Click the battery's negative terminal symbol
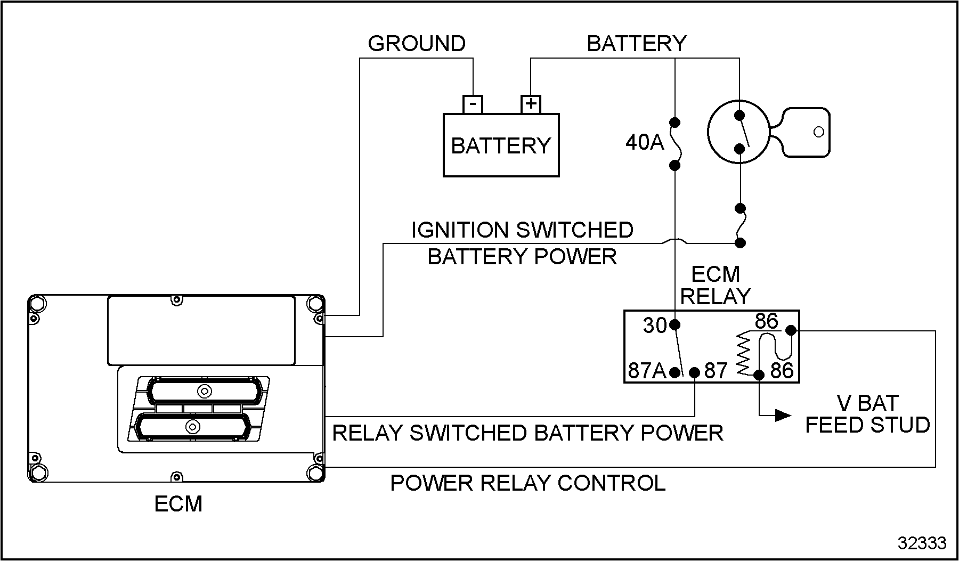pyautogui.click(x=473, y=103)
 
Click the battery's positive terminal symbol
pyautogui.click(x=531, y=103)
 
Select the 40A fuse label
pyautogui.click(x=645, y=142)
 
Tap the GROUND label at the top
pyautogui.click(x=417, y=44)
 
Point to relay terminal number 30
pyautogui.click(x=655, y=325)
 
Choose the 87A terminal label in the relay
pyautogui.click(x=647, y=371)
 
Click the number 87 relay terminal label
pyautogui.click(x=716, y=371)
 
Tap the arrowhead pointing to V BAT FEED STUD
pyautogui.click(x=783, y=415)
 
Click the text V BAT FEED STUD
pyautogui.click(x=867, y=414)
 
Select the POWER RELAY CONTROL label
pyautogui.click(x=528, y=483)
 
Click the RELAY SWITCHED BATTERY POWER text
pyautogui.click(x=528, y=433)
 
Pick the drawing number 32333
pyautogui.click(x=922, y=543)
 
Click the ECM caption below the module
pyautogui.click(x=178, y=504)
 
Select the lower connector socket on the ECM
pyautogui.click(x=192, y=426)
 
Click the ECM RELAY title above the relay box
pyautogui.click(x=716, y=286)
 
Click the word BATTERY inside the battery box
pyautogui.click(x=501, y=145)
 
